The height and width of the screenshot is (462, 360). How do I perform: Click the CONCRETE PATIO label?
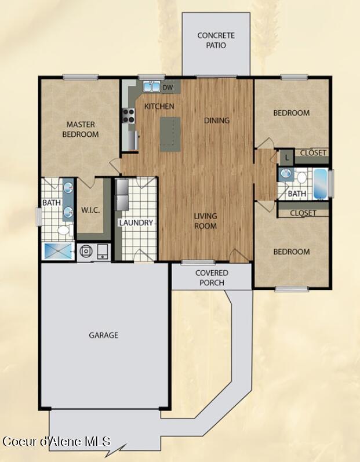(216, 40)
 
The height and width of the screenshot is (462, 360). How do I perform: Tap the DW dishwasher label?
(168, 88)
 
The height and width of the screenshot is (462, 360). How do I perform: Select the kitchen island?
(170, 134)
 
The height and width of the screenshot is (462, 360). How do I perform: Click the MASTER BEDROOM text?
(81, 129)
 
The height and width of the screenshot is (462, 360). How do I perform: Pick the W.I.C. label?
(90, 210)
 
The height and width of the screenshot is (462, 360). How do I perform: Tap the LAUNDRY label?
(136, 223)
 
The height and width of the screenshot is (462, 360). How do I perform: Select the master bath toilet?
(63, 231)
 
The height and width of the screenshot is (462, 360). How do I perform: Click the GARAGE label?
(103, 335)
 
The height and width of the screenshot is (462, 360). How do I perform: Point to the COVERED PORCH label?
(212, 278)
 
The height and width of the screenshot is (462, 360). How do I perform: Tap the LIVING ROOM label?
(205, 221)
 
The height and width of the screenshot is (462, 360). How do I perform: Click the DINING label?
(217, 121)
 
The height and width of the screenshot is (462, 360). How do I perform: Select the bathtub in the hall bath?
(320, 183)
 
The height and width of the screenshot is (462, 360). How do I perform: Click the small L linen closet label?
(286, 157)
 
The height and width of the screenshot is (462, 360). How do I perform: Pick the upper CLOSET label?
(313, 153)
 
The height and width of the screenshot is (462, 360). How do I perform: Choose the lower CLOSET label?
(303, 213)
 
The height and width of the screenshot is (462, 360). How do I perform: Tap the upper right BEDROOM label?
(292, 113)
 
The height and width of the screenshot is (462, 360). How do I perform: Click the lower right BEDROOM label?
(292, 252)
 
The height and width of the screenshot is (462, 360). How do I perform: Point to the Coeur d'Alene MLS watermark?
(56, 442)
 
